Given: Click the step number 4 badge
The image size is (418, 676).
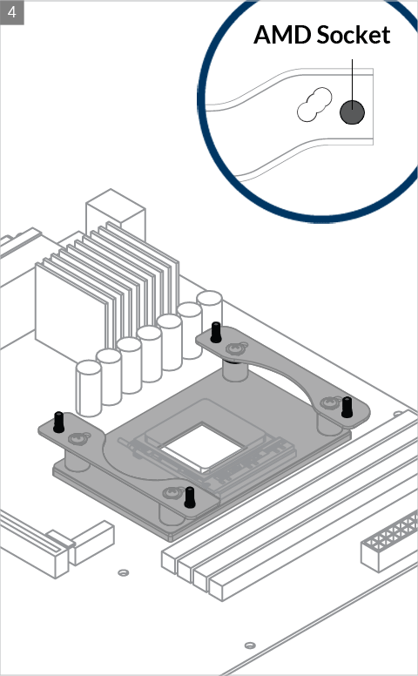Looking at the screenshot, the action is tap(12, 12).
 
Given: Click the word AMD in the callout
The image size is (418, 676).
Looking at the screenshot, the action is tap(282, 35).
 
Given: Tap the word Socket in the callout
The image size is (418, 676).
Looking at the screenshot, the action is tap(354, 35).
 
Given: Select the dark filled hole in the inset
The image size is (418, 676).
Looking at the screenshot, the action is tap(352, 112).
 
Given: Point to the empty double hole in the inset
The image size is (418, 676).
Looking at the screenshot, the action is tap(314, 105).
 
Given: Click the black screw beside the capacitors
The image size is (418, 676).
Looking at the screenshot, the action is tap(216, 333).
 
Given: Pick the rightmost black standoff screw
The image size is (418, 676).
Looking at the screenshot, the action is tap(347, 408).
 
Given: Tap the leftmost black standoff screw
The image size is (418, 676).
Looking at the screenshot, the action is tap(58, 422).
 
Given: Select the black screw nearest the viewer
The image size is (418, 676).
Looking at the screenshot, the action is tap(189, 497).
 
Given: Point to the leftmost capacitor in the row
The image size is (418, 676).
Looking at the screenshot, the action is tap(88, 389).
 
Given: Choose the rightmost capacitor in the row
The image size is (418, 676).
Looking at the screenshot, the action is tap(210, 307).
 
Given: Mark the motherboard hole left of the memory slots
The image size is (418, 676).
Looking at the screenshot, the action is tap(124, 572).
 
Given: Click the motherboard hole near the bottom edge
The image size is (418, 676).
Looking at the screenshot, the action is tap(250, 646).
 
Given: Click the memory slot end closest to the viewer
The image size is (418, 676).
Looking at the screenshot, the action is tap(216, 590).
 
